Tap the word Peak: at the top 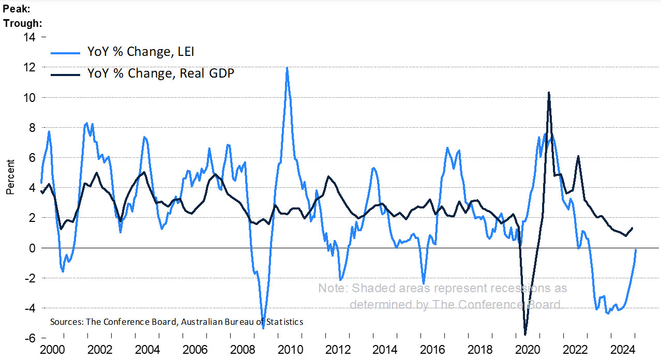[16, 9]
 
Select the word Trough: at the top [22, 23]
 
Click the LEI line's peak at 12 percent [287, 68]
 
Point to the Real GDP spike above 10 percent [549, 93]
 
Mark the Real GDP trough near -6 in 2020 [525, 335]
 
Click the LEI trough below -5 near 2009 [263, 327]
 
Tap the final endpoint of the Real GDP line [632, 228]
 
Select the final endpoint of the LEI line [636, 250]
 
